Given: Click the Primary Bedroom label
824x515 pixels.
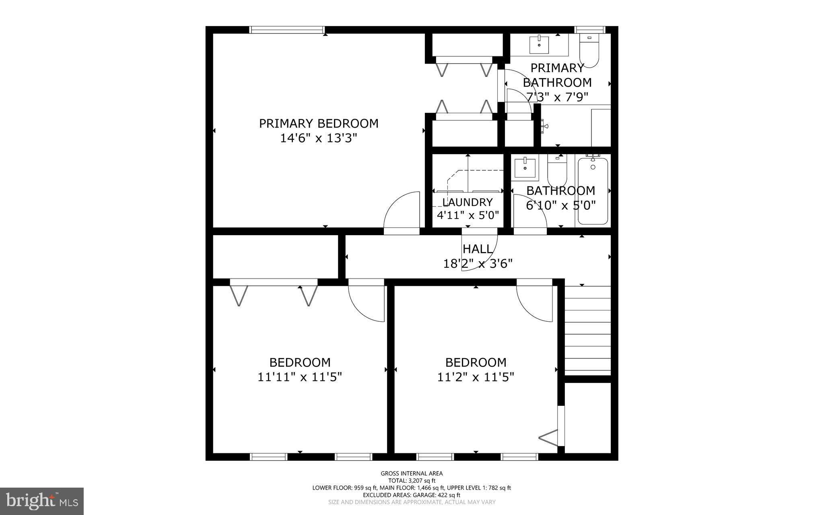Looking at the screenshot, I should [319, 123].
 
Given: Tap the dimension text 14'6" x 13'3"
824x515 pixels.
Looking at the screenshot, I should [319, 139].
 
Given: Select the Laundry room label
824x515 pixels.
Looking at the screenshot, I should [468, 202].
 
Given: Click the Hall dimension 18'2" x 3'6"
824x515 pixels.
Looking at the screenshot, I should [478, 264].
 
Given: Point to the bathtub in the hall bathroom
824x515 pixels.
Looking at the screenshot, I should [593, 191].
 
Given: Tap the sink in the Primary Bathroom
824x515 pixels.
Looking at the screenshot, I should [539, 44].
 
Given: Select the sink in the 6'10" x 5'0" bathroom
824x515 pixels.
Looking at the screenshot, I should [525, 168].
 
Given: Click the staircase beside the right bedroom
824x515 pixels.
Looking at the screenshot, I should [588, 330].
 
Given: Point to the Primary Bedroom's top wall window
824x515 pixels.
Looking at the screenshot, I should [287, 29].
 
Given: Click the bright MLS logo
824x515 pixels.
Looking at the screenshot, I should [42, 501].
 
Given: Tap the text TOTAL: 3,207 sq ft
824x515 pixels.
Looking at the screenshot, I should [412, 480].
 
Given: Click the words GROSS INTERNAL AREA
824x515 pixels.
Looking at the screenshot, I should [412, 474].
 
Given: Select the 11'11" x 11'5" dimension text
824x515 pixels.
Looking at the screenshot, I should [300, 377].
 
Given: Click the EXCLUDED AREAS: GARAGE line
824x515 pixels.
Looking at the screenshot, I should [412, 495].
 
